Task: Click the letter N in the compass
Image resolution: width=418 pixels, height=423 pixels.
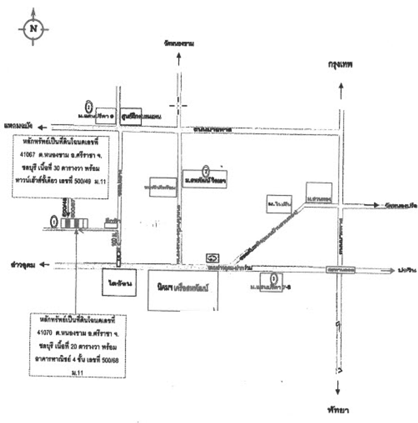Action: (33, 28)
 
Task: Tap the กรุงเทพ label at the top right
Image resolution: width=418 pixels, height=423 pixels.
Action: (340, 64)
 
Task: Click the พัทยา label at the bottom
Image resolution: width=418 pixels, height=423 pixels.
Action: (338, 410)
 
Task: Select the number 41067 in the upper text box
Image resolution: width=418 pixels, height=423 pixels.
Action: (27, 155)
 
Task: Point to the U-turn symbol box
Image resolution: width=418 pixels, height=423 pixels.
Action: (213, 258)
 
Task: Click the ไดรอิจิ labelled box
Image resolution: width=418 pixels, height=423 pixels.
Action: (120, 283)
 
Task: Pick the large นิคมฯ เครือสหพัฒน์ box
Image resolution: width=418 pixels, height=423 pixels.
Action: (183, 289)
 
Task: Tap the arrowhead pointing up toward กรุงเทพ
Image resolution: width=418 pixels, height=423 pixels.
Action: (341, 87)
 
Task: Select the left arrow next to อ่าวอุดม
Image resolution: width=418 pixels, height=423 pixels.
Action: (44, 265)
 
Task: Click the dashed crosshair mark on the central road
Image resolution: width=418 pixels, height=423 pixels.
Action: (178, 106)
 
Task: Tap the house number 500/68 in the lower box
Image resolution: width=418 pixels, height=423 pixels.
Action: (110, 360)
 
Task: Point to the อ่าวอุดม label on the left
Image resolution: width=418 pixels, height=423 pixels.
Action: (23, 265)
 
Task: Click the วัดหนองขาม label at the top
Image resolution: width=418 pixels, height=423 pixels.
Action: (179, 43)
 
